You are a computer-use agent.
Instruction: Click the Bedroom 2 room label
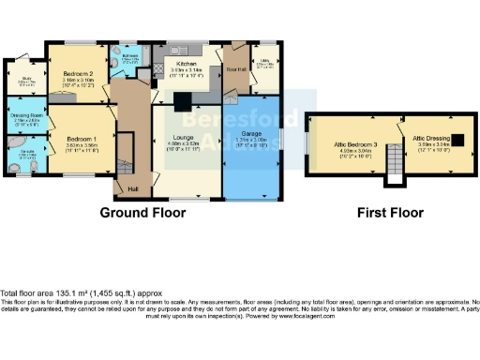click(x=80, y=73)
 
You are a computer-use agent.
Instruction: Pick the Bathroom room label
click(x=129, y=54)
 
